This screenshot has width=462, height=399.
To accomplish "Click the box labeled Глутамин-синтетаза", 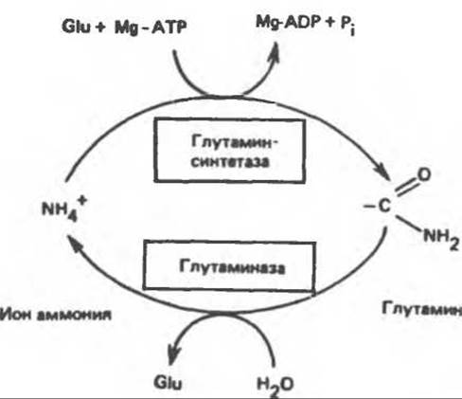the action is pyautogui.click(x=229, y=151).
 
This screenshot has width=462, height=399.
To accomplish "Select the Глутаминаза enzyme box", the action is pyautogui.click(x=229, y=265).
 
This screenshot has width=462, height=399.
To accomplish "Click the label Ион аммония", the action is pyautogui.click(x=56, y=315).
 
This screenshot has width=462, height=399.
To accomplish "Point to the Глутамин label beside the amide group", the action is pyautogui.click(x=421, y=308).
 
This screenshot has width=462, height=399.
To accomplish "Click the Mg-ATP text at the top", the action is pyautogui.click(x=151, y=27).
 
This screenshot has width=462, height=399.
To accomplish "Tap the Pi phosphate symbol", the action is pyautogui.click(x=347, y=26).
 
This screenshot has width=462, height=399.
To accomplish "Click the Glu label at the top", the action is pyautogui.click(x=77, y=27).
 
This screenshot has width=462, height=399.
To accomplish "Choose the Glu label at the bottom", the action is pyautogui.click(x=169, y=383).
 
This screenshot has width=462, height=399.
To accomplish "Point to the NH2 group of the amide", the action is pyautogui.click(x=441, y=239).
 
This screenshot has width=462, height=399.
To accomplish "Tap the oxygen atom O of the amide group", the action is pyautogui.click(x=423, y=174).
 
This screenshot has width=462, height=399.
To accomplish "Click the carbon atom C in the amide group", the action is pyautogui.click(x=384, y=207).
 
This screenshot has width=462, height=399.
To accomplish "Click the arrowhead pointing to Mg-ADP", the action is pyautogui.click(x=275, y=52).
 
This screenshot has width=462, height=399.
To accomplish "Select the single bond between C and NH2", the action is pyautogui.click(x=409, y=224).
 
